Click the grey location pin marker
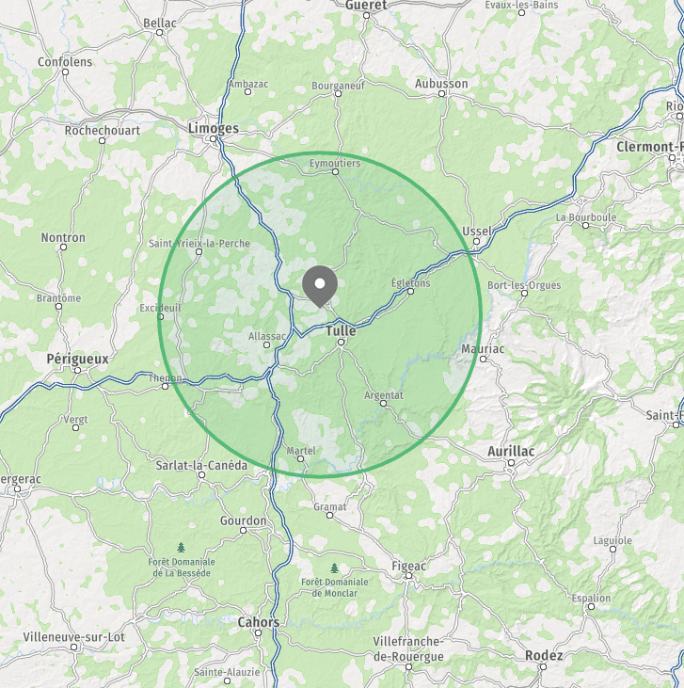(321, 284)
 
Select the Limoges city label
(214, 128)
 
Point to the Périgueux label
(77, 359)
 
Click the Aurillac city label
(511, 452)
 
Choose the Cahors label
(258, 622)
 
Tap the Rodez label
(544, 655)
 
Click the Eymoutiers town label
(335, 163)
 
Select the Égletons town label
(410, 282)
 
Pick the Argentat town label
(383, 395)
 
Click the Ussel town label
(478, 231)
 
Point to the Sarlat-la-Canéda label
(201, 465)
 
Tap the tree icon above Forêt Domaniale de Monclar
(334, 568)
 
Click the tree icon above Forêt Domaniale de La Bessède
(181, 547)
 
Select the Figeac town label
(408, 566)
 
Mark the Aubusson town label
(441, 84)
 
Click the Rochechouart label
(103, 131)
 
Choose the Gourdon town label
(244, 520)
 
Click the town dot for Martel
(301, 459)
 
